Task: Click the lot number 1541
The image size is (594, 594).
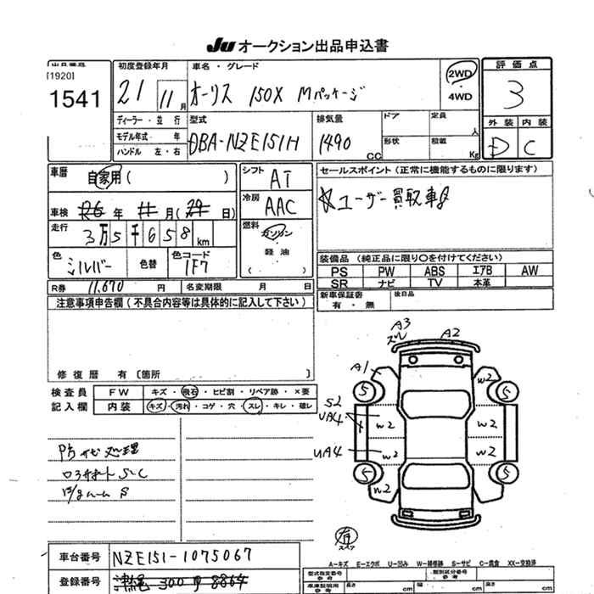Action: pos(76,99)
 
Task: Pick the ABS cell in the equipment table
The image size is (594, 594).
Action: pos(434,272)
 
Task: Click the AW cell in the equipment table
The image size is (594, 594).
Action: pos(530,272)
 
